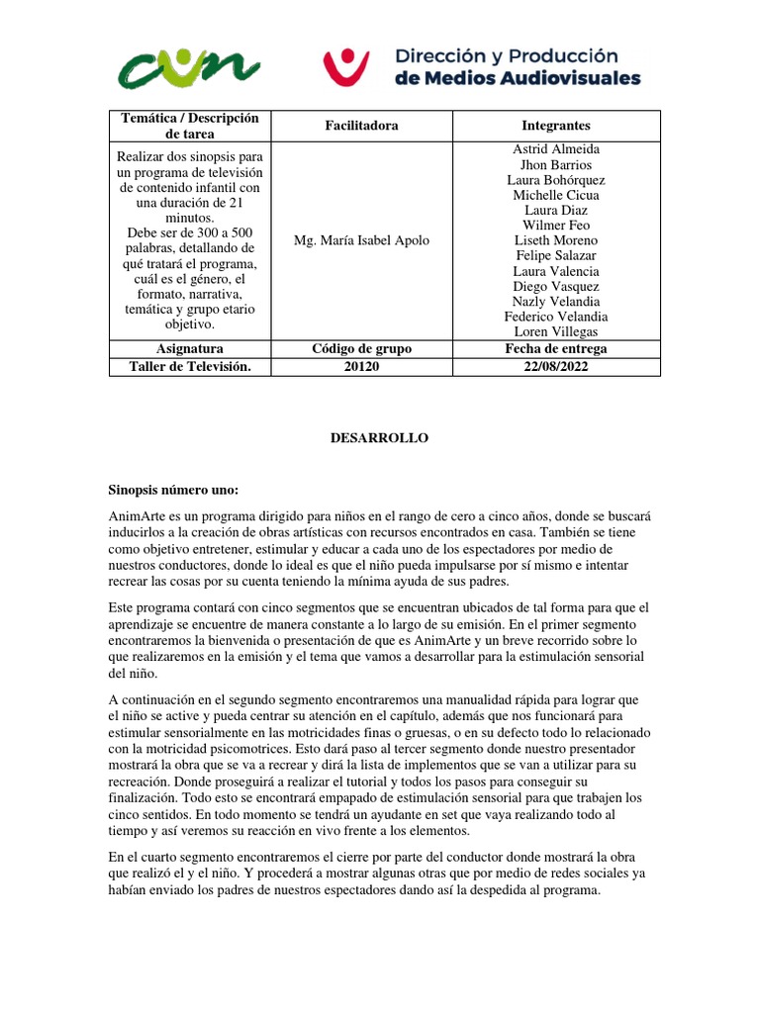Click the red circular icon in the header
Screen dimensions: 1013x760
coord(345,65)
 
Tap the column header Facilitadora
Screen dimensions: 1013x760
coord(361,126)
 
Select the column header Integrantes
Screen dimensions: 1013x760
coord(555,126)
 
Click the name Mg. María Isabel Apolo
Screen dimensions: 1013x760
coord(361,240)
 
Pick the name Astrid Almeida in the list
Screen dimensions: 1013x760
coord(555,149)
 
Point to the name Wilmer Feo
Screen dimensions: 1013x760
coord(555,226)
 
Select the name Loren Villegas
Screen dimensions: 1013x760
coord(555,332)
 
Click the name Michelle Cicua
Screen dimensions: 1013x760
coord(555,195)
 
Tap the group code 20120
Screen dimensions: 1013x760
coord(361,365)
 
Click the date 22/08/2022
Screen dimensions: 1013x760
coord(555,365)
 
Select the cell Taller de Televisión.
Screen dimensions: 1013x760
coord(189,365)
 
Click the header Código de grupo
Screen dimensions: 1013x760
coord(361,349)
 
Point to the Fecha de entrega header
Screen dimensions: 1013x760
coord(555,349)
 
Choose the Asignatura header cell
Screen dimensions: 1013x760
coord(189,349)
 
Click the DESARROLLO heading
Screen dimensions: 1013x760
coord(379,438)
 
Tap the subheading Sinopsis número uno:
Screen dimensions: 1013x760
coord(173,490)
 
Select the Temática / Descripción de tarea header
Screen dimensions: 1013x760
coord(189,126)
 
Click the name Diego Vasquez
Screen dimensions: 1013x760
coord(555,287)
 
